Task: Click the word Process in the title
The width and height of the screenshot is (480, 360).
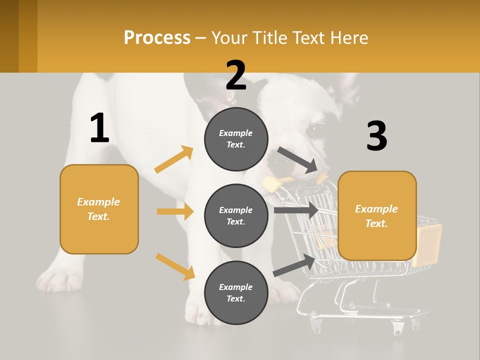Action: click(157, 38)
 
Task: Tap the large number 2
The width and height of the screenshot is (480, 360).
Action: click(236, 75)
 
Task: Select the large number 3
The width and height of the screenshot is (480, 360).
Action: click(376, 136)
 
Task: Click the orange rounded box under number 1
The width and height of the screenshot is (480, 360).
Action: click(99, 209)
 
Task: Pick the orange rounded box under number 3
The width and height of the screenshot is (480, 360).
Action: click(377, 216)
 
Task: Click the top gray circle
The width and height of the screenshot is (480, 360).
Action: click(236, 139)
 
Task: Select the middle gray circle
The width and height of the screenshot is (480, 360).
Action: click(236, 215)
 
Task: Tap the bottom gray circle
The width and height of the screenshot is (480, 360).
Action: click(236, 292)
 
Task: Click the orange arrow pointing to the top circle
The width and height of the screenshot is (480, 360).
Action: click(174, 159)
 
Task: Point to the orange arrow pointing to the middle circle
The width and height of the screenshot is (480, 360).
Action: click(175, 211)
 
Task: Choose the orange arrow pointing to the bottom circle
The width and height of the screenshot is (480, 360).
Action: click(175, 266)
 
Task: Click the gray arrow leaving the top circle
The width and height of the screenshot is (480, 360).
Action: click(297, 160)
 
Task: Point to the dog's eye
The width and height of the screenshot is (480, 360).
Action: click(316, 129)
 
